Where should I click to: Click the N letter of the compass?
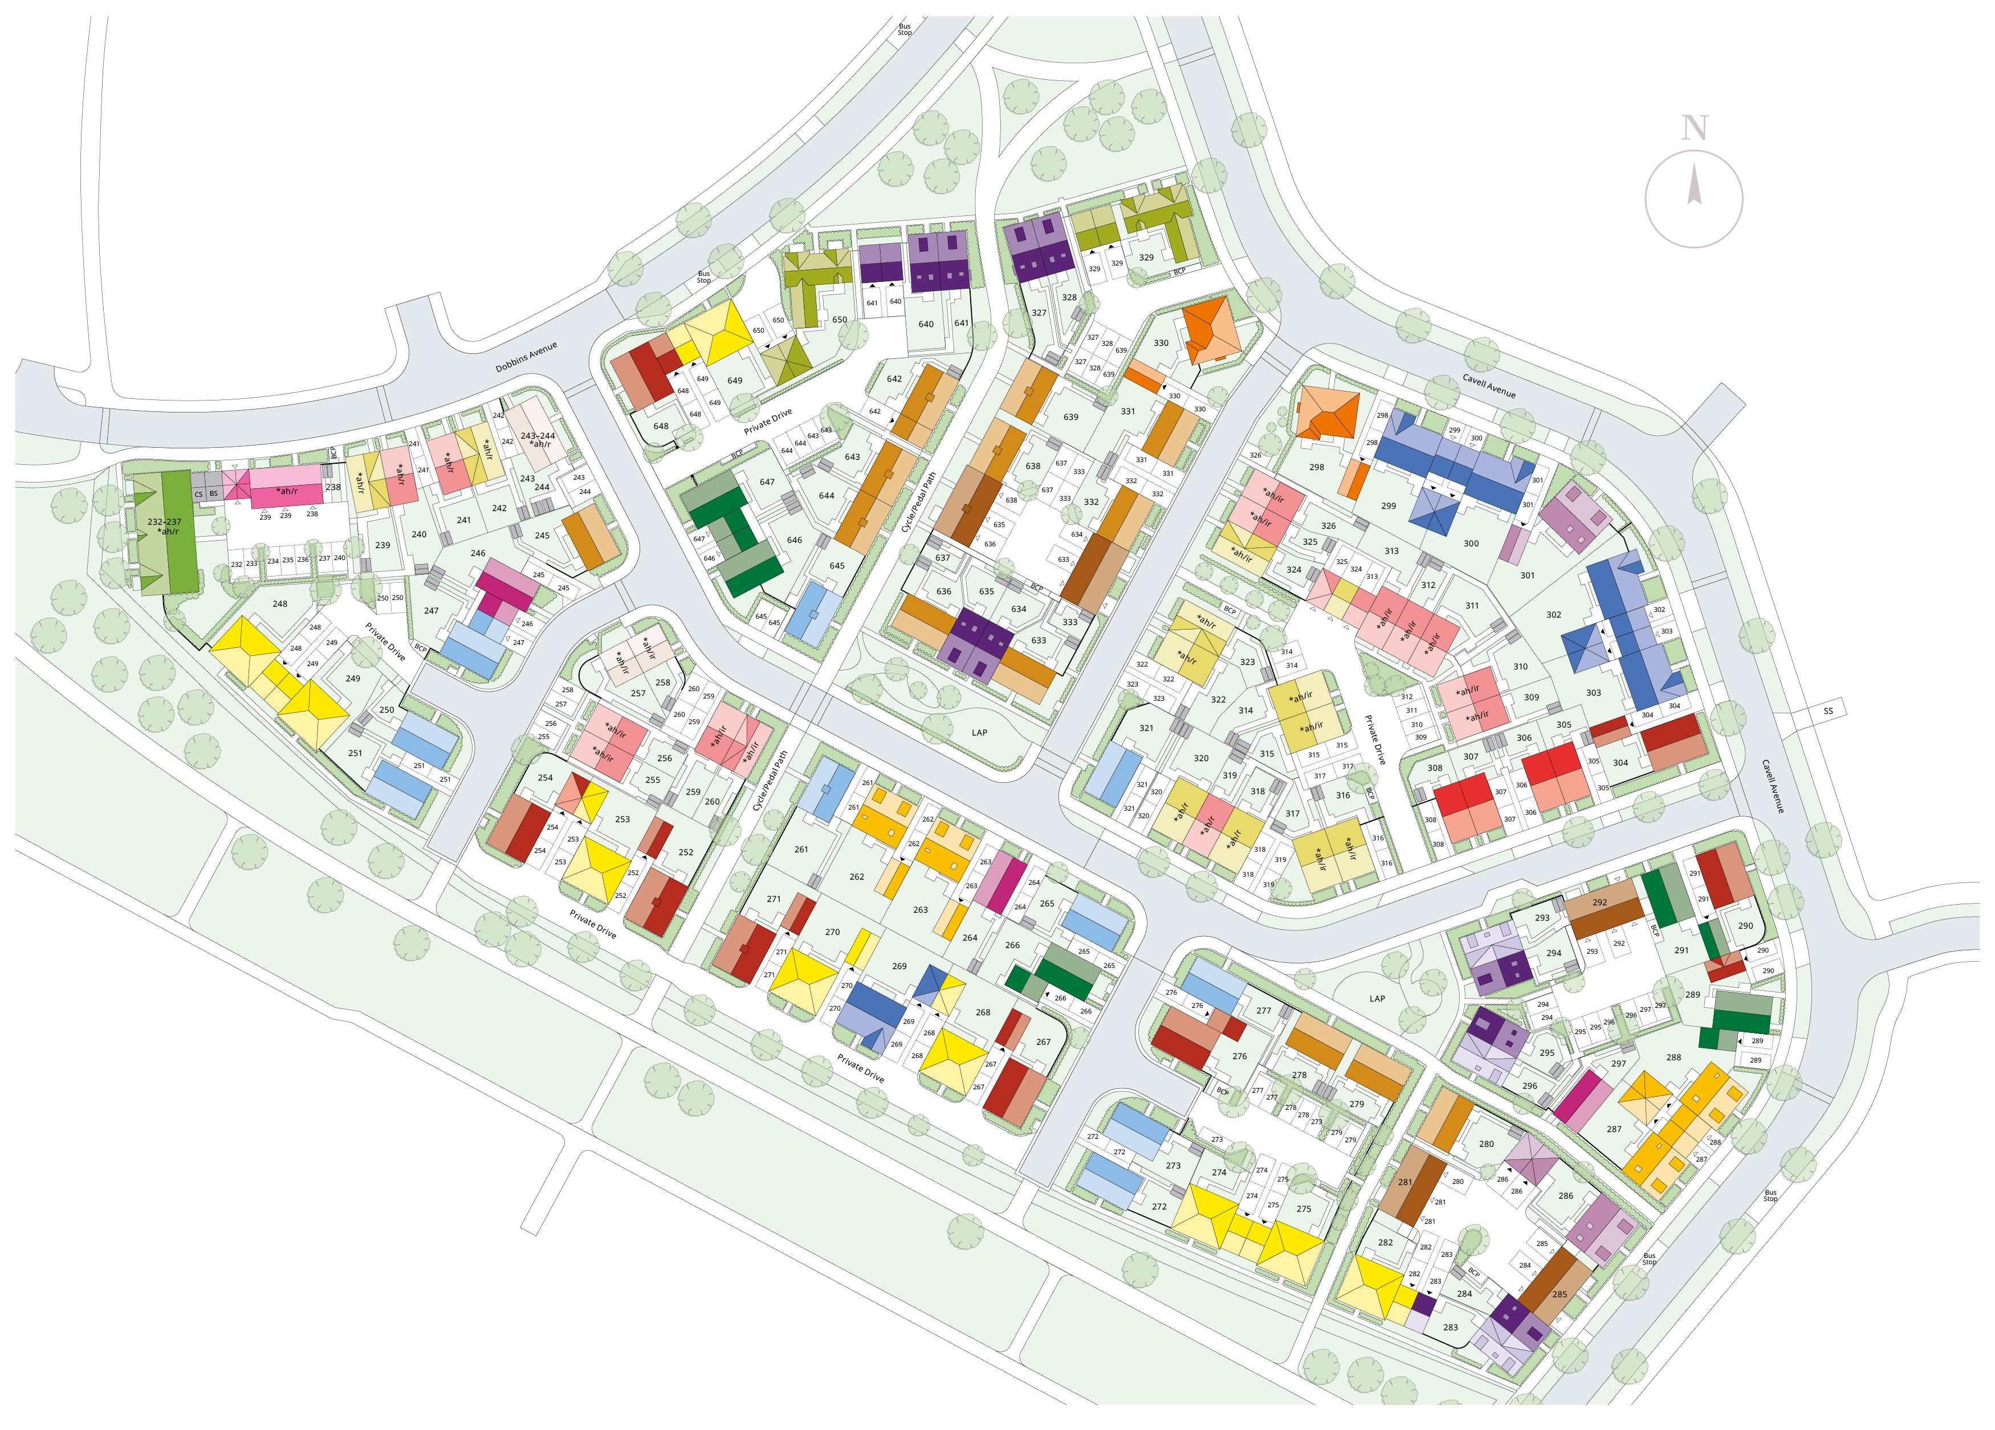point(1694,128)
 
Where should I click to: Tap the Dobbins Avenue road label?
point(526,357)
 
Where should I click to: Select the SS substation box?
point(1828,710)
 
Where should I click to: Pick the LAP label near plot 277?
point(1377,998)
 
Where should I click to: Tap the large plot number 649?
point(735,381)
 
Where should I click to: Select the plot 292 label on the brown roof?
point(1599,902)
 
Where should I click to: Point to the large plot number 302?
point(1553,615)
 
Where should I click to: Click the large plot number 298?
point(1316,467)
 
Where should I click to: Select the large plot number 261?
point(800,849)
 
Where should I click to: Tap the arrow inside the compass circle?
point(1693,186)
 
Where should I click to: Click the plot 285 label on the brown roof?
point(1560,1294)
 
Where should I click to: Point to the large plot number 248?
point(280,604)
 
